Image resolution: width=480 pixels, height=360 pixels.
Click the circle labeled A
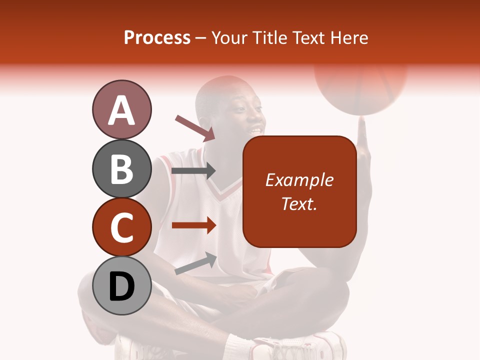pyautogui.click(x=121, y=110)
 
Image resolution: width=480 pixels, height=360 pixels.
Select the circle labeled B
pyautogui.click(x=121, y=169)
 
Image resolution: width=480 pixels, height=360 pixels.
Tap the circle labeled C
pyautogui.click(x=121, y=227)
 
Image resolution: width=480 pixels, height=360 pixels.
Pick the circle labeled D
pyautogui.click(x=121, y=286)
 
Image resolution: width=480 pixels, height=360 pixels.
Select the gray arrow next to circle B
pyautogui.click(x=193, y=171)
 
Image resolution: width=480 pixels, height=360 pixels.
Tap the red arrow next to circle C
pyautogui.click(x=193, y=225)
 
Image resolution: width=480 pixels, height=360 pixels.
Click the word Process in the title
pyautogui.click(x=157, y=37)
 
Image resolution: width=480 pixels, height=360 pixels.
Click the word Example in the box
pyautogui.click(x=299, y=180)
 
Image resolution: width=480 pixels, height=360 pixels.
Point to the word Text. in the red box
pyautogui.click(x=299, y=203)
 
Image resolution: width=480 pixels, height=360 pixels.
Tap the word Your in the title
pyautogui.click(x=227, y=37)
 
